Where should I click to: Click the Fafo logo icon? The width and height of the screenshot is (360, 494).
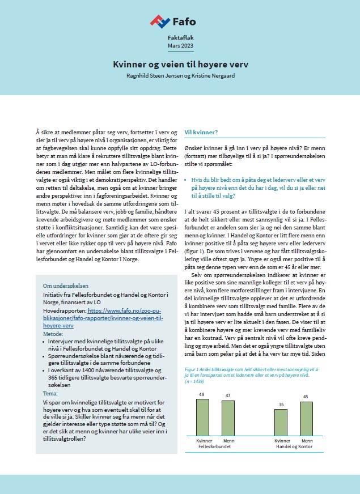tap(160, 22)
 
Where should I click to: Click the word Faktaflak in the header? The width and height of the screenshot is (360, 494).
tap(180, 36)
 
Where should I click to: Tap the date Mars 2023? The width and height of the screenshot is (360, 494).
tap(180, 45)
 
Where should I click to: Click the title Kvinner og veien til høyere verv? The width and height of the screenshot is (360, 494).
tap(180, 65)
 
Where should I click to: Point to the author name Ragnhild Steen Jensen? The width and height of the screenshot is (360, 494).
tap(152, 76)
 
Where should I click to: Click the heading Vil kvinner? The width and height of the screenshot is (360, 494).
tap(201, 132)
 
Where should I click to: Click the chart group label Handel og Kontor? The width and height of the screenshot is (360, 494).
tap(294, 447)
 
